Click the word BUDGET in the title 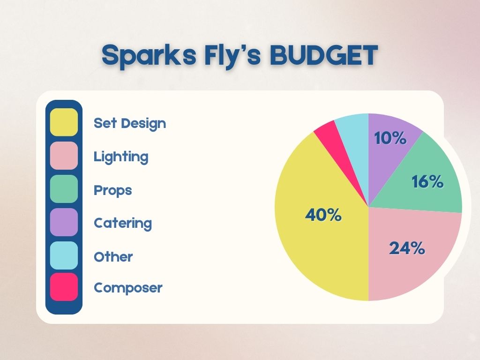tap(324, 55)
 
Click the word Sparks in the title tap(149, 56)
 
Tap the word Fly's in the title tap(233, 56)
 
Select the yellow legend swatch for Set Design tap(64, 122)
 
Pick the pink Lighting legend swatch tap(64, 156)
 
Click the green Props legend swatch tap(64, 189)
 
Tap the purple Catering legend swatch tap(64, 222)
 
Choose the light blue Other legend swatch tap(64, 255)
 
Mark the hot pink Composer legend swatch tap(64, 287)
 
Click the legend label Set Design tap(130, 124)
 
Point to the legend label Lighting tap(121, 157)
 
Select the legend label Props tap(112, 191)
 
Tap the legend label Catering tap(123, 224)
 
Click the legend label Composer tap(128, 288)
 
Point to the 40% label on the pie tap(323, 215)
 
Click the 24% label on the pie tap(407, 248)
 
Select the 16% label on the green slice tap(427, 181)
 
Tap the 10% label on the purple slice tap(390, 138)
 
